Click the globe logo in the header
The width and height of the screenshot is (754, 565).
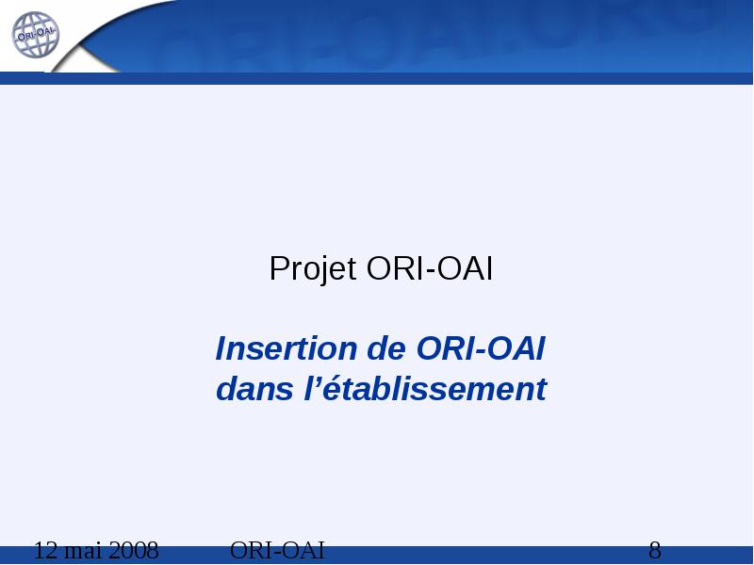35,35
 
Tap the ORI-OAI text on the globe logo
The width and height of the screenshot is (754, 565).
36,34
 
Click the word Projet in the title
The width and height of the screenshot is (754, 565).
313,268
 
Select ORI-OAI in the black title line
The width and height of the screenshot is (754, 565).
430,268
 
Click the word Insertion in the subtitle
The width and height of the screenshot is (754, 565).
287,347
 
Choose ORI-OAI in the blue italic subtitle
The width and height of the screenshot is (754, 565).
481,347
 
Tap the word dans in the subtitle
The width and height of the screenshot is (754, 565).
254,388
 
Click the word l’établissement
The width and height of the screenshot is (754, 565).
426,388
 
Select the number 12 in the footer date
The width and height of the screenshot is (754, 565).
45,550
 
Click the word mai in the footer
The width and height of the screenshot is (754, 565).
83,550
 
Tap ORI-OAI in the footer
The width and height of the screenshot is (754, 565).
277,550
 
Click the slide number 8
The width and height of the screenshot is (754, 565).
655,550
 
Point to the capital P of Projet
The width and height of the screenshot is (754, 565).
279,268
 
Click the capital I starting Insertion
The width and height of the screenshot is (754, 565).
221,347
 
